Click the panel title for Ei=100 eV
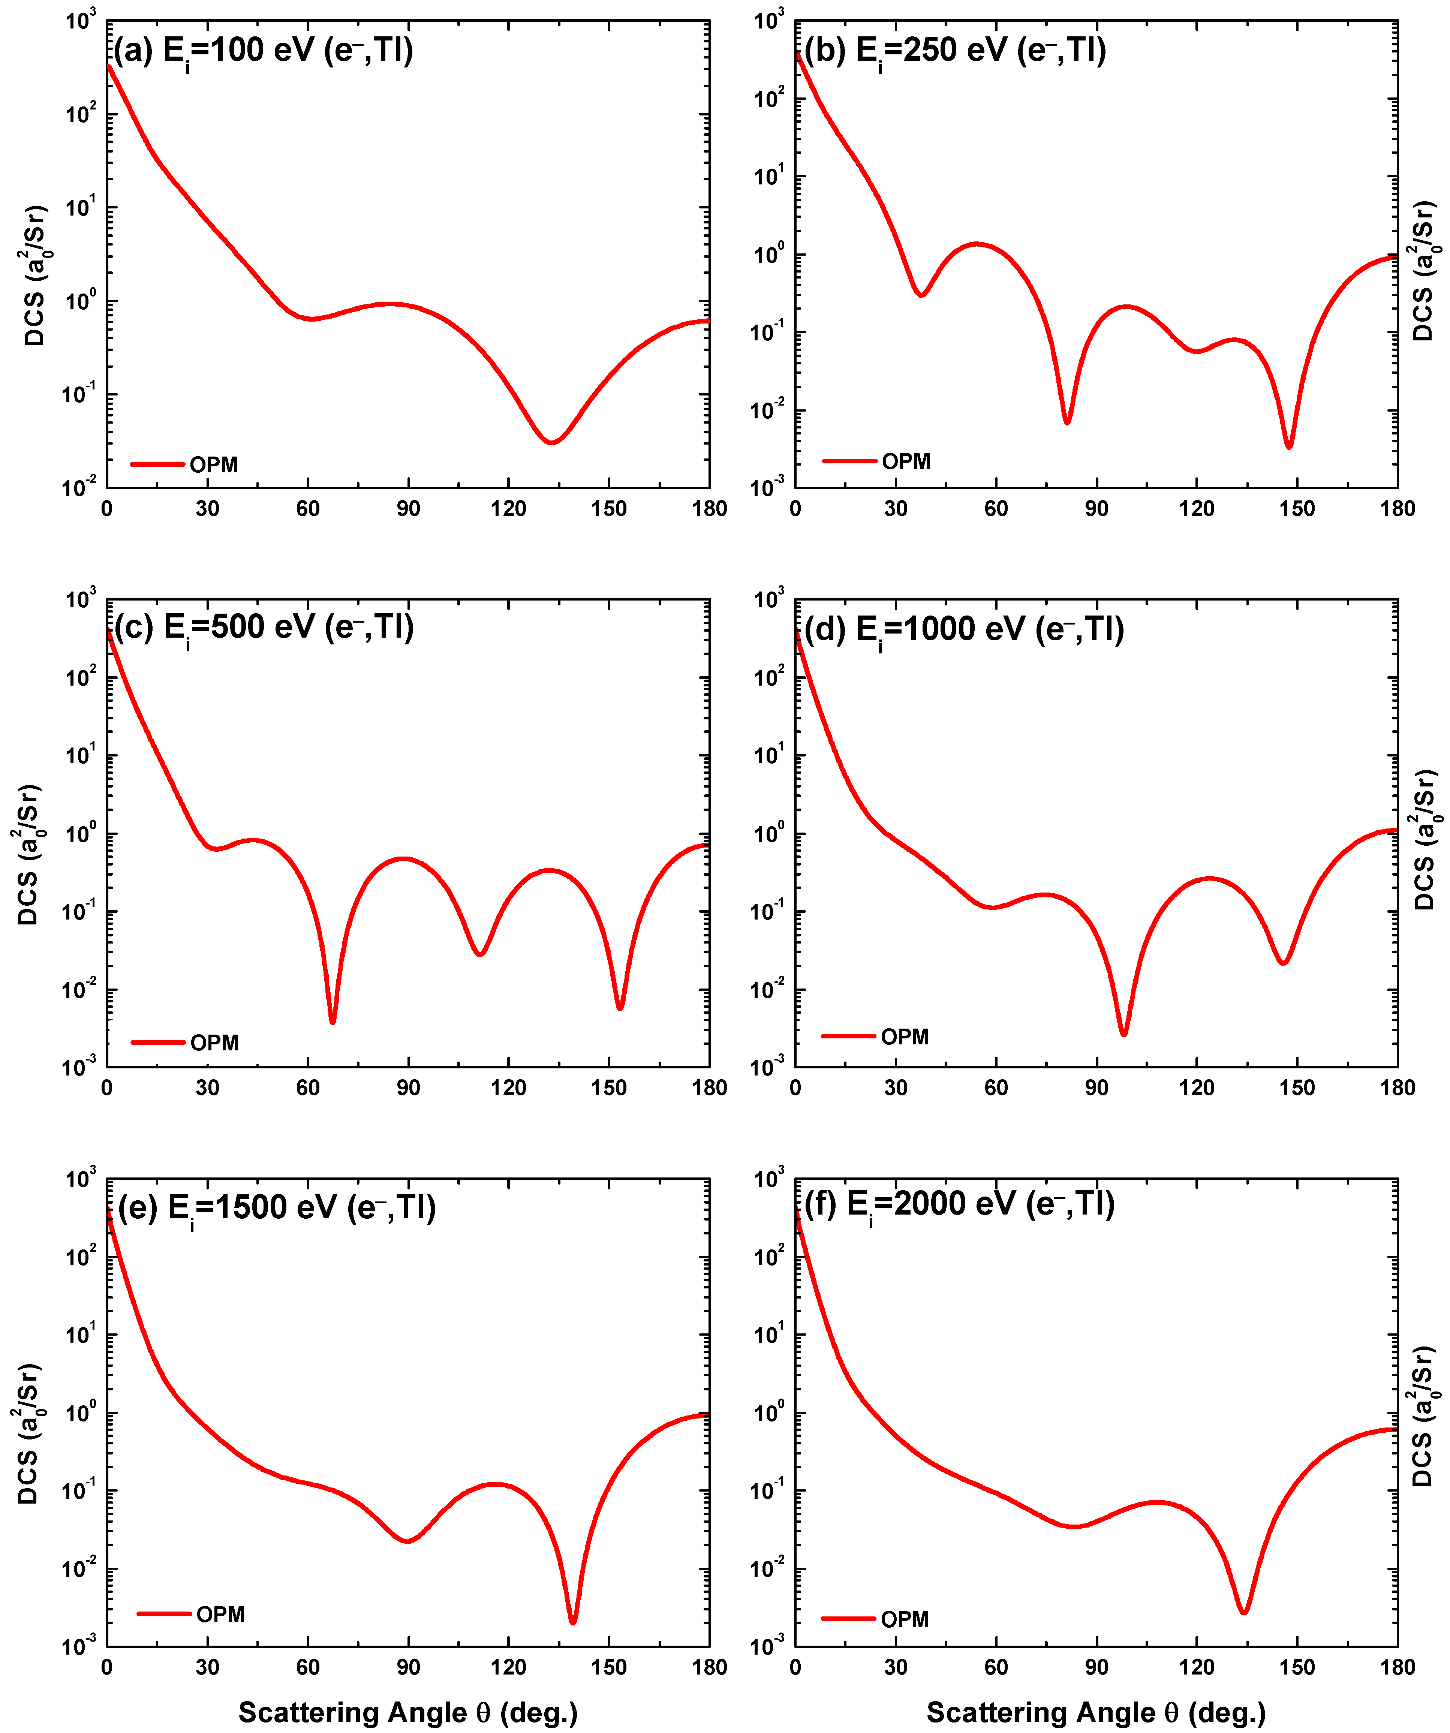tap(262, 51)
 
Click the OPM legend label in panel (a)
tap(214, 464)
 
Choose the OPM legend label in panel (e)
tap(220, 1614)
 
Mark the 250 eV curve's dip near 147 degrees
tap(1288, 446)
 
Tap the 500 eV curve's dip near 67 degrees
tap(333, 1021)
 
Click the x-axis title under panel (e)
tap(408, 1712)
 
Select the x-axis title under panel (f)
tap(1095, 1712)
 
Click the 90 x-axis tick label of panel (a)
tap(408, 508)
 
